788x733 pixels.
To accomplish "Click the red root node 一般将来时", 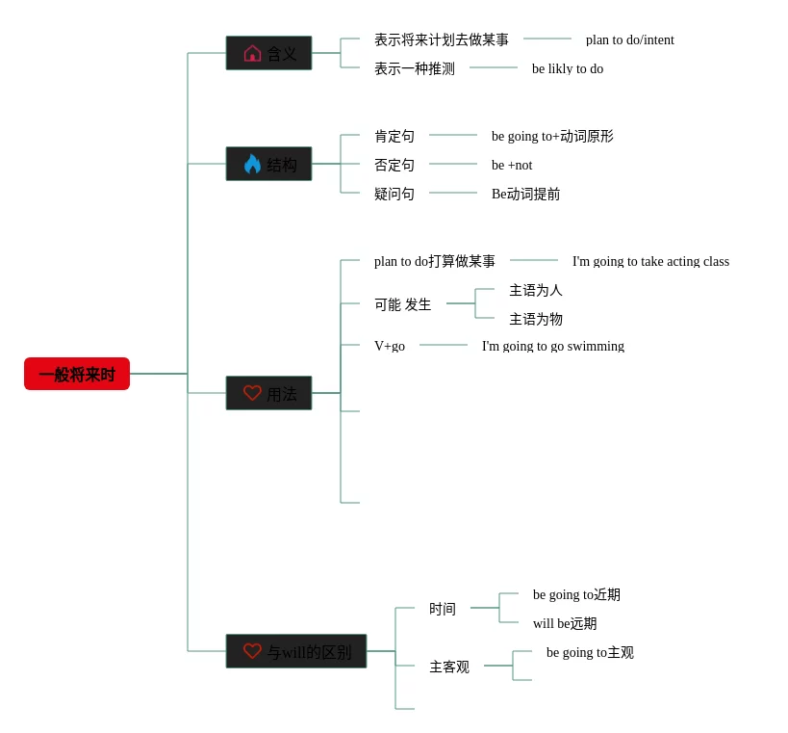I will point(77,374).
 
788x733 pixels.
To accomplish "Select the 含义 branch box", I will point(269,53).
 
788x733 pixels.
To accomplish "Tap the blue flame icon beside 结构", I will point(252,164).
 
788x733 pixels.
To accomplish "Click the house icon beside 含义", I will point(252,53).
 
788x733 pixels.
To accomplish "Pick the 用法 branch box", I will point(269,393).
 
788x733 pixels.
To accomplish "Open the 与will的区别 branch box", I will point(296,651).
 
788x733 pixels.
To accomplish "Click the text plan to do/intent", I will point(629,39).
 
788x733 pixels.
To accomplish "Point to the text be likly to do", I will point(568,68).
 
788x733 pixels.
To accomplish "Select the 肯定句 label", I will point(394,136).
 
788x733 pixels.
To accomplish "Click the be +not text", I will point(512,165).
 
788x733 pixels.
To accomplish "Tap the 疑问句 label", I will point(394,194).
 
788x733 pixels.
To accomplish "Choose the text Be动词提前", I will point(525,194).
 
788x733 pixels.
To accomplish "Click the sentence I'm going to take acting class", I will point(650,261).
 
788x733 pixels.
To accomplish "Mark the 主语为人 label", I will point(536,290).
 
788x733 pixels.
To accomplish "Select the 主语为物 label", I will point(536,319).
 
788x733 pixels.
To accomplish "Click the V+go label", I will point(390,346).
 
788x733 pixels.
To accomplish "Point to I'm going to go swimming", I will point(553,346).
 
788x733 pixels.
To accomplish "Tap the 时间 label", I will point(443,609).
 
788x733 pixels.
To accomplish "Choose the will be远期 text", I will point(565,623).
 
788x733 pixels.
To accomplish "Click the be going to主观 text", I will point(590,652).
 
